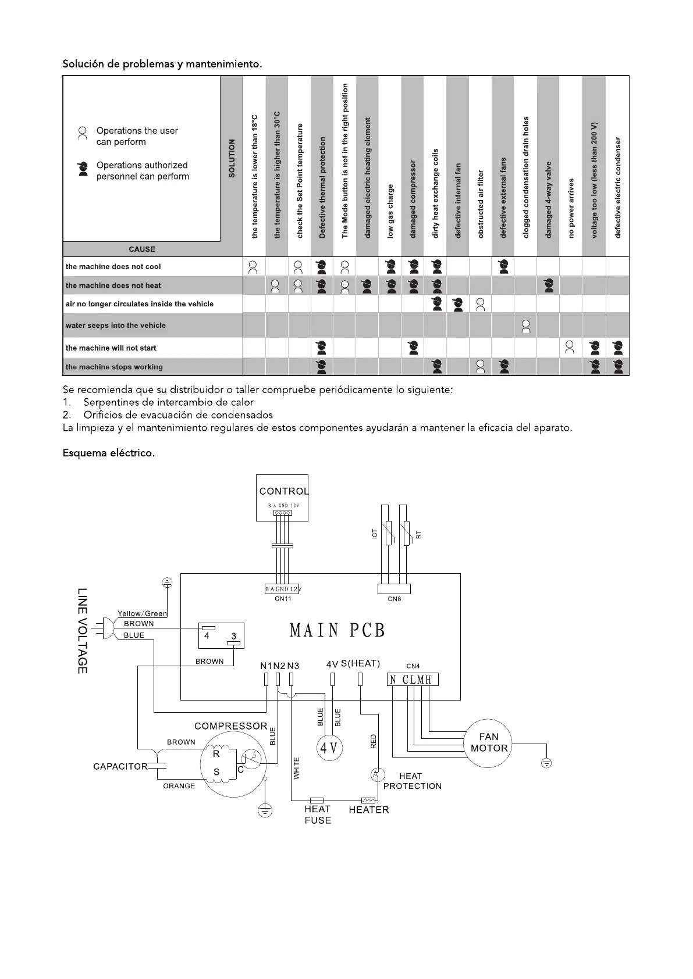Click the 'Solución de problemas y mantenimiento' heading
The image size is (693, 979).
[162, 64]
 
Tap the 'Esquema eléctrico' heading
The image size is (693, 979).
[109, 453]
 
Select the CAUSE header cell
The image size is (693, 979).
[141, 249]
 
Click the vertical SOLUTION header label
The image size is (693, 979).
[232, 158]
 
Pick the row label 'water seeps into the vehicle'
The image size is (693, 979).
[116, 326]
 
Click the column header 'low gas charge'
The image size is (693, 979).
[390, 211]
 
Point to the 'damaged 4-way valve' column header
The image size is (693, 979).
[548, 199]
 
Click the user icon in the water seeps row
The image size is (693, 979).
[526, 326]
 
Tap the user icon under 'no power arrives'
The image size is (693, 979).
[571, 348]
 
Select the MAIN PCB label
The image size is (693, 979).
[337, 630]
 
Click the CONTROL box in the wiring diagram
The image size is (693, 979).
[283, 497]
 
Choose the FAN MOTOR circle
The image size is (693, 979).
[489, 742]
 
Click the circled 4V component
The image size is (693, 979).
[329, 748]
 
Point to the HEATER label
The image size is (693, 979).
[369, 810]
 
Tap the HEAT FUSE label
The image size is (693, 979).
[318, 814]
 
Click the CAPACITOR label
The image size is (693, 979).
[120, 766]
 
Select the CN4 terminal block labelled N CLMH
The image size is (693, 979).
[413, 680]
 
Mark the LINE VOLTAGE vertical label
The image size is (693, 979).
[82, 631]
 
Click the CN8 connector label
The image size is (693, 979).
[394, 599]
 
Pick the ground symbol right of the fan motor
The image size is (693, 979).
[546, 763]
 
